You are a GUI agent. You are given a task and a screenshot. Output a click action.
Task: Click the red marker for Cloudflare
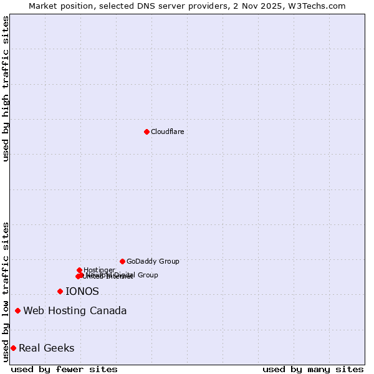(x=146, y=132)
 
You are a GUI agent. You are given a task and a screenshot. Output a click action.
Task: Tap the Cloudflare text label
(x=167, y=132)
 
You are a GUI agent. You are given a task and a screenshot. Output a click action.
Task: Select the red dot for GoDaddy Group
(x=122, y=261)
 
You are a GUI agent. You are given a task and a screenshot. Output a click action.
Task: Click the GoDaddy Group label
(x=153, y=261)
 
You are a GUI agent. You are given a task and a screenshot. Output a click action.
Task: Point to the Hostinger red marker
(x=79, y=270)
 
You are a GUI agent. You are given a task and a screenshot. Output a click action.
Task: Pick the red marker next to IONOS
(x=60, y=291)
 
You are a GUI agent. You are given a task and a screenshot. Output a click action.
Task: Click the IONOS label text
(x=82, y=291)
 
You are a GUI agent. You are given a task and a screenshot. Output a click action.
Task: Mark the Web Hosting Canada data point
(x=17, y=310)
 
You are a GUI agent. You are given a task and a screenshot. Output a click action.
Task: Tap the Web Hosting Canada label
(x=75, y=310)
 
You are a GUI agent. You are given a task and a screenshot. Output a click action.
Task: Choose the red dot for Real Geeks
(x=13, y=348)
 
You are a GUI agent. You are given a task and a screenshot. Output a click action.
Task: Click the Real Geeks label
(x=47, y=348)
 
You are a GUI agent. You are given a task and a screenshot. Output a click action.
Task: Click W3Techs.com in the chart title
(x=319, y=6)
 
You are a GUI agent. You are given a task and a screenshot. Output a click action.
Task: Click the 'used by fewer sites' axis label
(x=64, y=369)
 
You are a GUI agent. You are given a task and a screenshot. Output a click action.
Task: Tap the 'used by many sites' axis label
(x=313, y=369)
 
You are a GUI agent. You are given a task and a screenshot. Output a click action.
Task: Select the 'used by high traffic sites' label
(x=6, y=89)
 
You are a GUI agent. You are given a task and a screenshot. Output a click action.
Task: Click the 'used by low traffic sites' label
(x=6, y=292)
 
